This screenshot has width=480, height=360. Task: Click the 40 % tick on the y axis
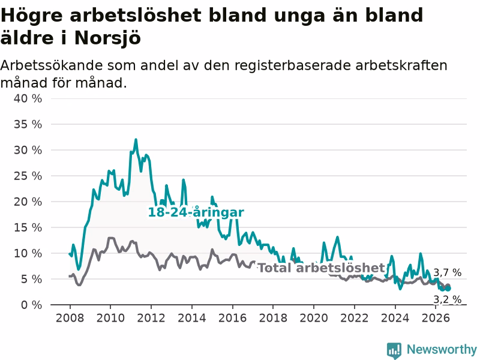click(28, 98)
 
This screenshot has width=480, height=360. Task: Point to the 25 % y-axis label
click(28, 176)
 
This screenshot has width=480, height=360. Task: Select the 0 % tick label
click(31, 305)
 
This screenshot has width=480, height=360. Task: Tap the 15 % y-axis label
click(28, 227)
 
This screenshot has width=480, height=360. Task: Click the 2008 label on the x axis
click(70, 318)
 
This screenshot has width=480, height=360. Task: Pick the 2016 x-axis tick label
click(232, 318)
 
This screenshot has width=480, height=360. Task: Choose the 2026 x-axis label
click(436, 318)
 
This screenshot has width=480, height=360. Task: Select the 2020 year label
click(314, 318)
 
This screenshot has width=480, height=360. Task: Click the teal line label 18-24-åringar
click(196, 212)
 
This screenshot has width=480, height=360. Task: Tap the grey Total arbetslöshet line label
click(322, 268)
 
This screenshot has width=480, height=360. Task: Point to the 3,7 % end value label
click(448, 272)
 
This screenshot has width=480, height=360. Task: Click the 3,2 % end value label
click(448, 299)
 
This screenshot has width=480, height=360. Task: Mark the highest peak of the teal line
click(136, 140)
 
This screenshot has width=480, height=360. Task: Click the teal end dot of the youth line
click(448, 288)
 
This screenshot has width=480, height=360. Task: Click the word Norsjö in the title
click(108, 38)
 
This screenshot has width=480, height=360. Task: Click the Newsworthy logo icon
click(394, 350)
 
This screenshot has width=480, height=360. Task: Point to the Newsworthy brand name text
click(442, 349)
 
